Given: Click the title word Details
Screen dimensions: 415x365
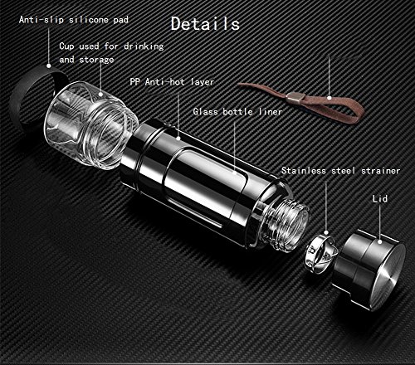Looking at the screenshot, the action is tap(205, 23).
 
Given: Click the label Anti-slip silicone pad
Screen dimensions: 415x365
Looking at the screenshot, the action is tap(74, 20).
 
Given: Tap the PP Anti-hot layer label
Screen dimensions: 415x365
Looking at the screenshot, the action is tap(172, 82).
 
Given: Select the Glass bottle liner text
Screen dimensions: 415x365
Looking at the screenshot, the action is tap(237, 111).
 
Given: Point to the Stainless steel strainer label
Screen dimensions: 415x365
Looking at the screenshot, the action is tap(341, 171).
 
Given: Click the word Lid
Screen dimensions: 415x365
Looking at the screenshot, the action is tap(380, 198).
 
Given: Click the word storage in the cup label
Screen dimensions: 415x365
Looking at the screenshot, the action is tap(96, 60).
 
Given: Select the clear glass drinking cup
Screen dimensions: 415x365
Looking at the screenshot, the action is tap(91, 124).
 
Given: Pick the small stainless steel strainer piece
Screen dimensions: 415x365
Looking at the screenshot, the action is tap(321, 253).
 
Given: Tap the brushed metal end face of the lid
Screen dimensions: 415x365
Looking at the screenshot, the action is tap(387, 276).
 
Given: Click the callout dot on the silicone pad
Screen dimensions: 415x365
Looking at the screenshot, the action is tap(49, 66).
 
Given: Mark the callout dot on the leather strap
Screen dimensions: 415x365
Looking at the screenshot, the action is tap(329, 98).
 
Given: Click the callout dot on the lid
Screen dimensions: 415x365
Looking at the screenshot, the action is tap(380, 242).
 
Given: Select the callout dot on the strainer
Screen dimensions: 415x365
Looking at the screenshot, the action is tap(326, 233).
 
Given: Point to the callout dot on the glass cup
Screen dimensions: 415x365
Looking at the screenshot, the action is tap(100, 95).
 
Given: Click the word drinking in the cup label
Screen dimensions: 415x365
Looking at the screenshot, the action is tap(144, 46).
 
